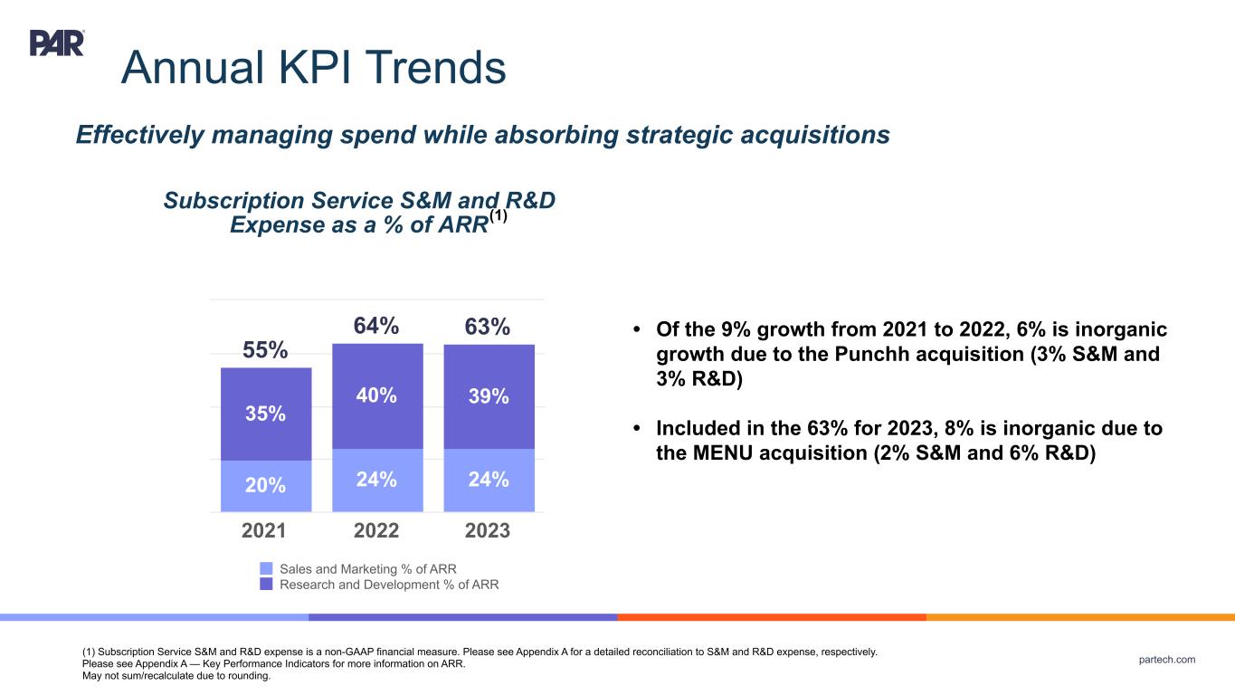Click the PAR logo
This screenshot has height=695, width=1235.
click(57, 43)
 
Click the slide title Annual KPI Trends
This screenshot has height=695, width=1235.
click(313, 67)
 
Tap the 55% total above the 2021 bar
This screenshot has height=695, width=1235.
click(266, 350)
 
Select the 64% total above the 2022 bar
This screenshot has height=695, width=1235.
click(376, 326)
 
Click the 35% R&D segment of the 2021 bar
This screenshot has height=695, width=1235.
click(266, 414)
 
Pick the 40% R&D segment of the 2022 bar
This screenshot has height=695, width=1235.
click(377, 395)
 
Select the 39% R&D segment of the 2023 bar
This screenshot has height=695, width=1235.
click(489, 396)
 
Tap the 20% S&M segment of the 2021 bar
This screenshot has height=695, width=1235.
click(266, 485)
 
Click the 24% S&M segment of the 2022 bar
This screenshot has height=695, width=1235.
click(377, 480)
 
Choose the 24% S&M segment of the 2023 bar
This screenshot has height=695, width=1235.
click(489, 480)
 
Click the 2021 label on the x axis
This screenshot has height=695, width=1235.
click(266, 531)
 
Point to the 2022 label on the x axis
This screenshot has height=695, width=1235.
click(377, 531)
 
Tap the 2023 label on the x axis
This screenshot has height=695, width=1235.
click(489, 531)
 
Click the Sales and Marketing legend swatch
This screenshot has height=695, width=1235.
click(266, 568)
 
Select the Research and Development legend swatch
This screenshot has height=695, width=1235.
click(266, 585)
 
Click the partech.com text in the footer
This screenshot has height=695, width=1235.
click(1166, 660)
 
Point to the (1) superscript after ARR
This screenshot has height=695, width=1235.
click(499, 217)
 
